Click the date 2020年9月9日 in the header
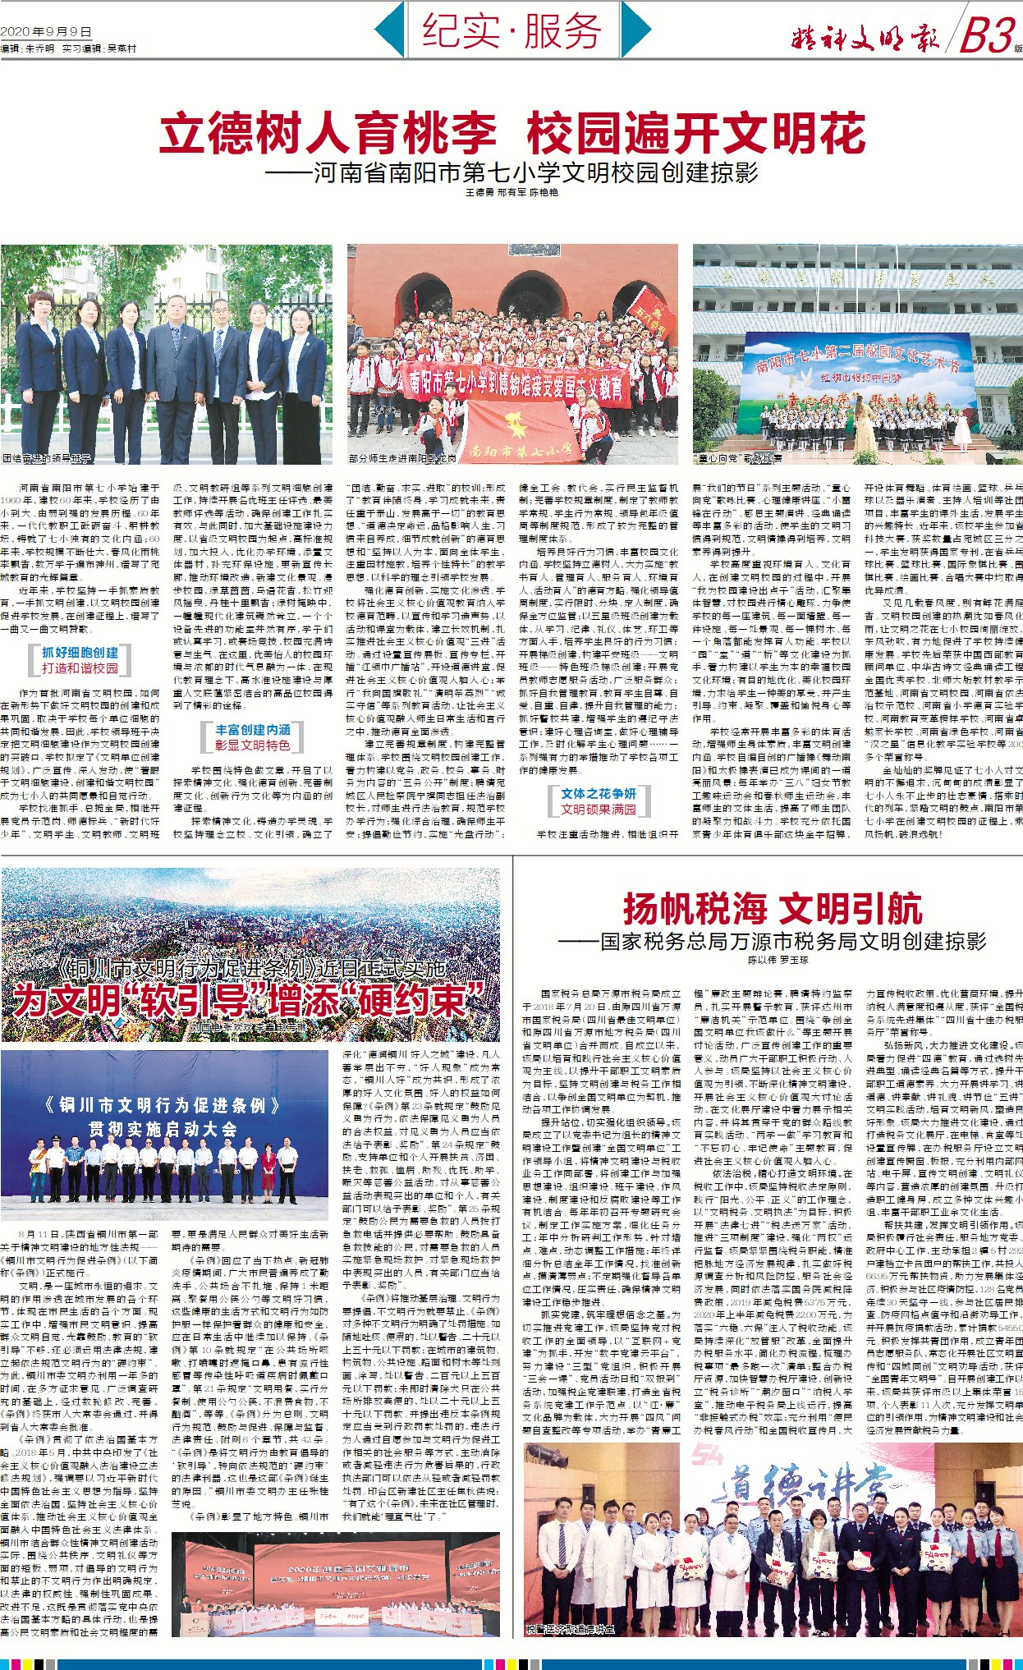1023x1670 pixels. point(46,32)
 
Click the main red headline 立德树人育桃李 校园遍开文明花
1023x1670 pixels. point(512,134)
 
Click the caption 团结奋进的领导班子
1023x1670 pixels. point(48,458)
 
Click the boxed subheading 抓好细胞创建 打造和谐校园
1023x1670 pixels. point(80,660)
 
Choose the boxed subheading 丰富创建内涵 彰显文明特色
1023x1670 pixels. point(252,737)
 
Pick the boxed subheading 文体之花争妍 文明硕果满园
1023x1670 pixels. point(598,801)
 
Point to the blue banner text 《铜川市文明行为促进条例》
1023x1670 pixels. point(155,1105)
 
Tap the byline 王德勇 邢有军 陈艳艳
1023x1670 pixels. point(511,192)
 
